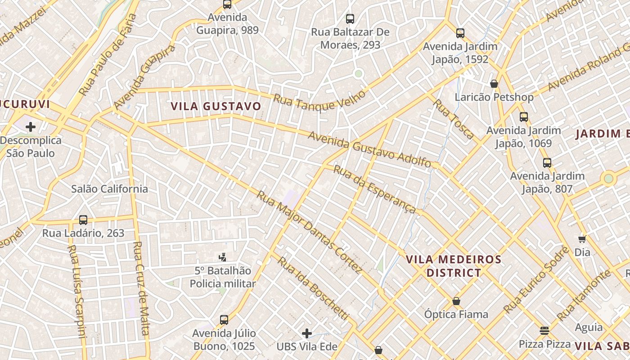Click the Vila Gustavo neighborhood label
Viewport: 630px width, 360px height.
click(216, 106)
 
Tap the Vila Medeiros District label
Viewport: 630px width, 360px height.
click(454, 266)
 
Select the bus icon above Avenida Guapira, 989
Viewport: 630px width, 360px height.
click(227, 4)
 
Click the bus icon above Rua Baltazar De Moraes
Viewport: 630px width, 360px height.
click(350, 19)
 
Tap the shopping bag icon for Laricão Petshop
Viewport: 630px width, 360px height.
click(494, 84)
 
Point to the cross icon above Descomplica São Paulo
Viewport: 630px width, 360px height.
click(31, 127)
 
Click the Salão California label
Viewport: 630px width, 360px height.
click(109, 189)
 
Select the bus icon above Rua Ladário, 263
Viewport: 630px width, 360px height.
click(83, 220)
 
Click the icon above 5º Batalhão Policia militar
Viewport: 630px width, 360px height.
click(222, 257)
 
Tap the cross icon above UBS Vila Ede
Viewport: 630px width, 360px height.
click(307, 333)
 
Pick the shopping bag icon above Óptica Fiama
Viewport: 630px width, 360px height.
click(456, 301)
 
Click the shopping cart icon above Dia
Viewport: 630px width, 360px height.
click(582, 239)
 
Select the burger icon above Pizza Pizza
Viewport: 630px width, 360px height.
click(544, 331)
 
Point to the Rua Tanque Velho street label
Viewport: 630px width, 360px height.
click(319, 103)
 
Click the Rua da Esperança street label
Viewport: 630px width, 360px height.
click(374, 190)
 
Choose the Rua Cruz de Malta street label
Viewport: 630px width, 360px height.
click(141, 288)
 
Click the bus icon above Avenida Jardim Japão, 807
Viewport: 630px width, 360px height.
click(547, 163)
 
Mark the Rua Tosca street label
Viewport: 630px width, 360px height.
click(454, 119)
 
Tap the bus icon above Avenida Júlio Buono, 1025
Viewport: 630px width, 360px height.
click(224, 320)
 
